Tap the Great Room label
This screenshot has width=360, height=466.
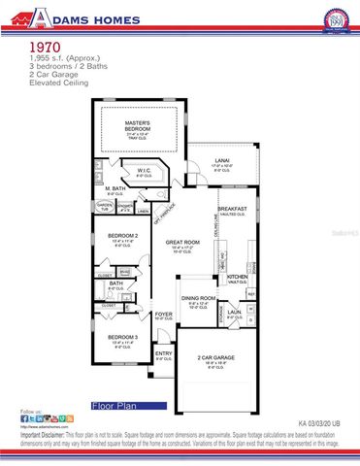tap(182, 242)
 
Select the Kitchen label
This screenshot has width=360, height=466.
tap(238, 277)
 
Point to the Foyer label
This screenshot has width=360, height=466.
tap(163, 314)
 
